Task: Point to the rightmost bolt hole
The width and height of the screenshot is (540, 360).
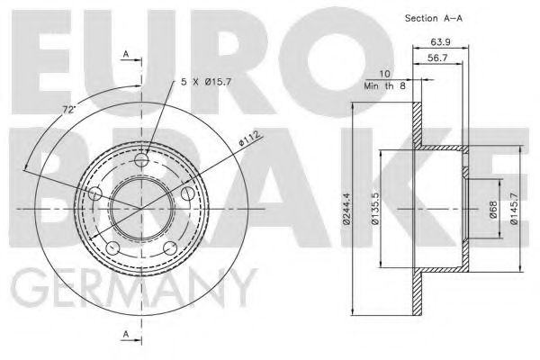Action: click(x=188, y=193)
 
